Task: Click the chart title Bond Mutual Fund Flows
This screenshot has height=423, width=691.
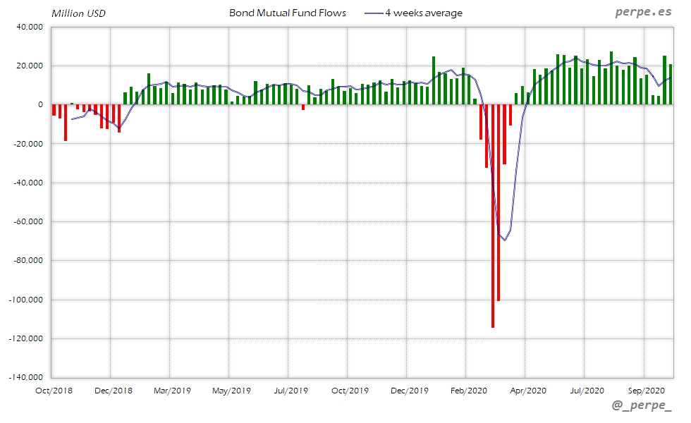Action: click(288, 13)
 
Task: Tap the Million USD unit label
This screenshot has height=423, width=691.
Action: click(79, 13)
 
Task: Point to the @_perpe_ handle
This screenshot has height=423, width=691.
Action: click(642, 407)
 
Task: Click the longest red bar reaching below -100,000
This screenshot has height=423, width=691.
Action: click(492, 216)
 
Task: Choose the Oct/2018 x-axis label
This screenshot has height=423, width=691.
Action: click(54, 390)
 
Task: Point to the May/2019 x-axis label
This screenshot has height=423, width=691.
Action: click(231, 390)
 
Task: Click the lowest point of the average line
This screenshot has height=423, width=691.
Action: click(504, 240)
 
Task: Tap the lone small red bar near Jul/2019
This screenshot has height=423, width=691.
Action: click(303, 107)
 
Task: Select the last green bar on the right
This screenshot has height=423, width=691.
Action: click(671, 85)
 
